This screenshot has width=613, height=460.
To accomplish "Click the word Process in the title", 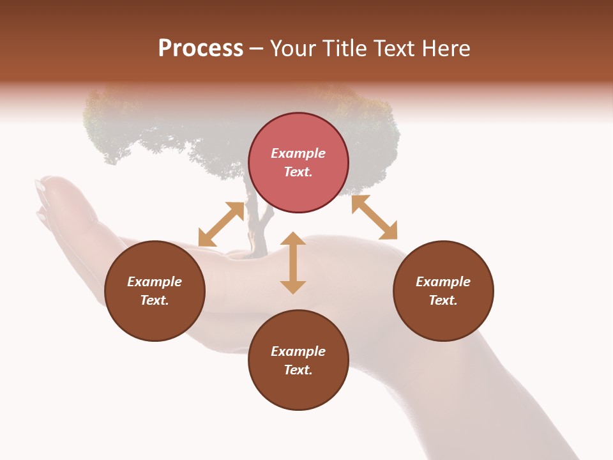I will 201,49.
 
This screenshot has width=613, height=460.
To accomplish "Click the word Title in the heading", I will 345,49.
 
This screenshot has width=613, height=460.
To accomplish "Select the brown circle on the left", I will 155,319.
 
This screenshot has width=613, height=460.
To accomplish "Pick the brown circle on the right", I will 443,319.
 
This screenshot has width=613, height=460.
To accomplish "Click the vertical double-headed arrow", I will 293,263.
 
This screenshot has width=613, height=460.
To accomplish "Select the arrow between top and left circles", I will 221,224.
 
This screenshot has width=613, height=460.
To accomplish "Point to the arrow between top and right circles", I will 374,217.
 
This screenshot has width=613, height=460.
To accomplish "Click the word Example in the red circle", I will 298,153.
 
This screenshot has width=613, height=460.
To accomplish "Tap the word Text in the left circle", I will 155,300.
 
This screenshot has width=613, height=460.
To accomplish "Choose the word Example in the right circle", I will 443,282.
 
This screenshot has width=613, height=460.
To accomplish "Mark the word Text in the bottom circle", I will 298,370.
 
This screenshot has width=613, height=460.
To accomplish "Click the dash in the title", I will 257,49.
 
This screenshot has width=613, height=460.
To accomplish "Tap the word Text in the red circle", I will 298,172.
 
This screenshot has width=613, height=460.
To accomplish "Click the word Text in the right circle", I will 443,300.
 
